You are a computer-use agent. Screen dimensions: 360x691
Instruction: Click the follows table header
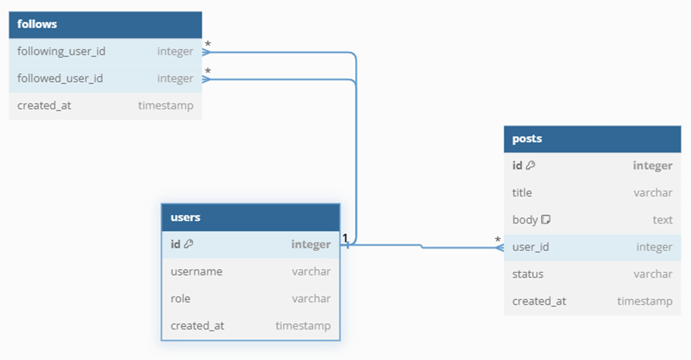(x=37, y=24)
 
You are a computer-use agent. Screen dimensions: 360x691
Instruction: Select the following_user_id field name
(x=61, y=51)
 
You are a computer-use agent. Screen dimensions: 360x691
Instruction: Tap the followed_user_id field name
(x=60, y=78)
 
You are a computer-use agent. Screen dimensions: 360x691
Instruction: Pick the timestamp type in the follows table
(x=165, y=106)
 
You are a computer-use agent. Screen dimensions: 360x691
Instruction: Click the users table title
(x=185, y=218)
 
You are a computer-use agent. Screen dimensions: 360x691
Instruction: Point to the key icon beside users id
(x=188, y=244)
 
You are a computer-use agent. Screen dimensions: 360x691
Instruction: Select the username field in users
(x=196, y=271)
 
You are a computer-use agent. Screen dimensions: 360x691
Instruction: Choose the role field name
(x=180, y=298)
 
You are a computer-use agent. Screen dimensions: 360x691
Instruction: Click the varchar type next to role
(x=311, y=298)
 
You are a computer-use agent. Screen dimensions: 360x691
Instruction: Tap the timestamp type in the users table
(x=303, y=325)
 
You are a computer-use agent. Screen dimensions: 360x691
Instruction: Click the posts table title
(x=527, y=139)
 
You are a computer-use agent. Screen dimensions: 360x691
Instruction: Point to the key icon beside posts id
(x=531, y=166)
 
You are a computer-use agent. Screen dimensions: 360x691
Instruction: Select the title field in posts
(x=522, y=193)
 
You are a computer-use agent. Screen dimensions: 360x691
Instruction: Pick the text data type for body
(x=662, y=220)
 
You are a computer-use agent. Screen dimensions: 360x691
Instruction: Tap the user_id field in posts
(x=531, y=247)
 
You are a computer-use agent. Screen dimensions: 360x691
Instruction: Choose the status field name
(x=527, y=274)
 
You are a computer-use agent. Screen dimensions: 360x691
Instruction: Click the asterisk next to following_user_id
(x=208, y=44)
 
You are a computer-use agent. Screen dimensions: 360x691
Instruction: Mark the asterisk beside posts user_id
(x=498, y=240)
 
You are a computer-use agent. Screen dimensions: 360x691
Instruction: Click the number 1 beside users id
(x=345, y=238)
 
